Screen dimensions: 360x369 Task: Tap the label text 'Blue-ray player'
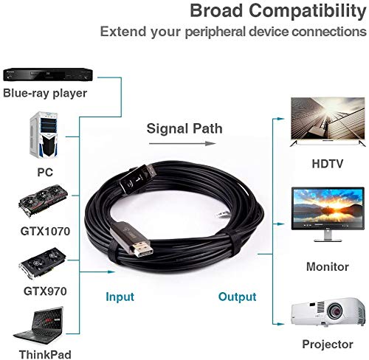[45, 94]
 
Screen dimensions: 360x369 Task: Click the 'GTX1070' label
[45, 231]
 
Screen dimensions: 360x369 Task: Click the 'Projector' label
[327, 345]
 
